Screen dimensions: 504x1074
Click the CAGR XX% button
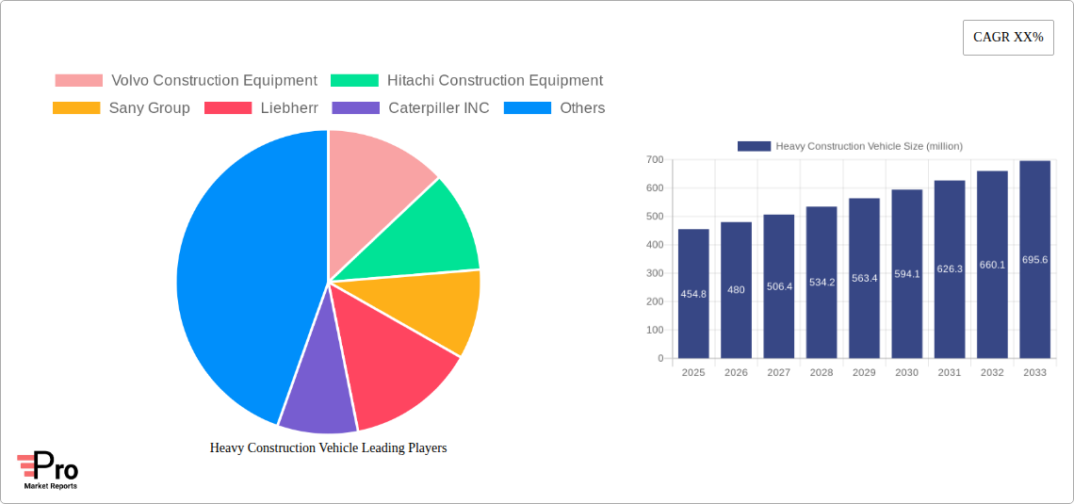[x=1008, y=38]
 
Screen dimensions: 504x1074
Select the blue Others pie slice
[x=236, y=273]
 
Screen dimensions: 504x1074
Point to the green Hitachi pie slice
[x=424, y=236]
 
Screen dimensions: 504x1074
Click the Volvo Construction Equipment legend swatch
[x=78, y=81]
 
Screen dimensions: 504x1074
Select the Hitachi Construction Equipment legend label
[x=495, y=81]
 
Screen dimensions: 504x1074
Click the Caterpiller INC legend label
[x=438, y=108]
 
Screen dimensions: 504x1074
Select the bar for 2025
[x=693, y=294]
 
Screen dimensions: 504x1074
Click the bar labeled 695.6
[x=1034, y=260]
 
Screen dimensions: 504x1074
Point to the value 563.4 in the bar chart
[x=864, y=278]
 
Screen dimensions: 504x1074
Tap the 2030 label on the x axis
[x=906, y=373]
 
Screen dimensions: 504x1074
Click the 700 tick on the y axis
[x=654, y=160]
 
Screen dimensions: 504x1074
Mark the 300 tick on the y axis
[x=654, y=273]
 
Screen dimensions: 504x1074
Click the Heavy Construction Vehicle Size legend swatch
[x=754, y=146]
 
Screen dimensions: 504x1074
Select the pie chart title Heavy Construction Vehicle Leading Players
[x=328, y=447]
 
